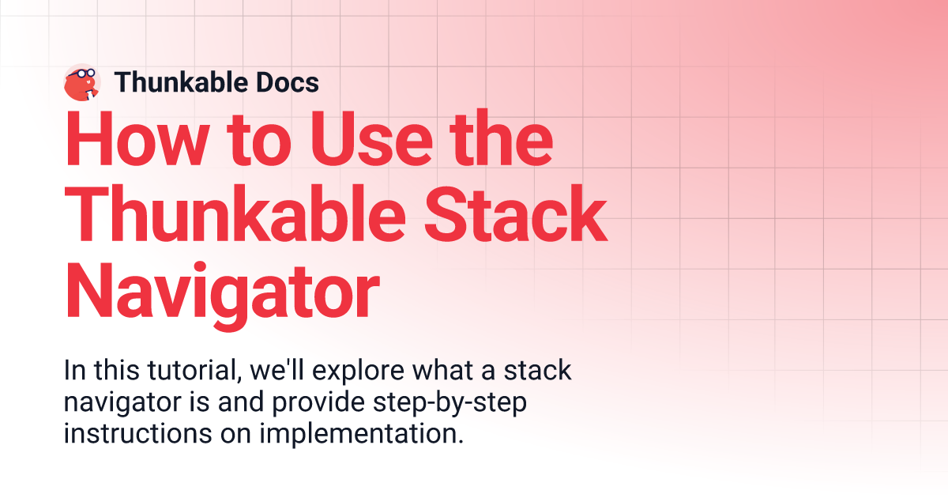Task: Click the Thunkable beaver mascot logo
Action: (81, 82)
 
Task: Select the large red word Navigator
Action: (222, 290)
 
